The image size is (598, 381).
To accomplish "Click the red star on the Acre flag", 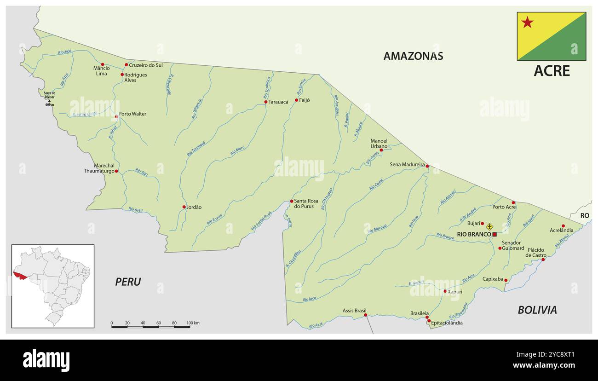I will coord(527,22).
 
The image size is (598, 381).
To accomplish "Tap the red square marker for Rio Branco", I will coord(494,235).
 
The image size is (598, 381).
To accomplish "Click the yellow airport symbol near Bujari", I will coord(489,226).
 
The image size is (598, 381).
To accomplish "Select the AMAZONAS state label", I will coord(413,56).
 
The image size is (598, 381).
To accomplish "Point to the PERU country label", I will coord(128,282).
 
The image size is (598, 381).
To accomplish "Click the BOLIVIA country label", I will coord(537,310).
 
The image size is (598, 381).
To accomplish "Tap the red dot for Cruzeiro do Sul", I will coord(126,65).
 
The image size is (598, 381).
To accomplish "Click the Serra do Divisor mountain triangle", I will coord(49,101).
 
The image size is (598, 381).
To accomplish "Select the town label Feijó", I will coord(305,100).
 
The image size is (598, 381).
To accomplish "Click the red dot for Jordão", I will coord(184,207).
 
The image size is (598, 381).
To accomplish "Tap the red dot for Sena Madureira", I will coord(427,166).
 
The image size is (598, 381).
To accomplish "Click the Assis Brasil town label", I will coord(355,311).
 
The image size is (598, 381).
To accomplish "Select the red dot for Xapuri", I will coord(444,291).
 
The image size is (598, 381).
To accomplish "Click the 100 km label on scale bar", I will coord(193,323).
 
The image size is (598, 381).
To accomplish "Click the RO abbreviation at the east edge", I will coord(584,215).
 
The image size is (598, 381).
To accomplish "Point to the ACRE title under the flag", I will coord(552,71).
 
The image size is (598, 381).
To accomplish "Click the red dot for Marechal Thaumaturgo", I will coord(116,171).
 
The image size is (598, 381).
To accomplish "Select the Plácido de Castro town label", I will coord(536,252).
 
